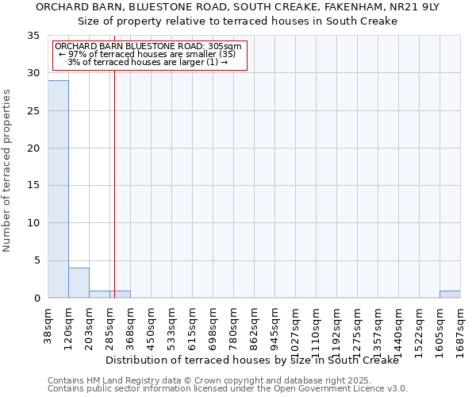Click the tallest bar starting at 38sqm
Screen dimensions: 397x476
point(58,189)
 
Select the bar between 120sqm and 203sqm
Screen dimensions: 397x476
point(79,283)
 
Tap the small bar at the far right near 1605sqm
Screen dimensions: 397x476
point(450,294)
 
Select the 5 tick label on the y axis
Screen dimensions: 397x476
point(36,261)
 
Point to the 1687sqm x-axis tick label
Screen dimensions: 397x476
point(461,326)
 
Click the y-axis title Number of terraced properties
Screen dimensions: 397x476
point(8,171)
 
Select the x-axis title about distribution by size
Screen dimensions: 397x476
point(263,360)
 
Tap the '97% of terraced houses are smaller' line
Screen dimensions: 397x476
point(148,54)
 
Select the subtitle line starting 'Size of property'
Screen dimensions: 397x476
point(238,21)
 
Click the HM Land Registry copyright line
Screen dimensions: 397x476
point(198,380)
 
